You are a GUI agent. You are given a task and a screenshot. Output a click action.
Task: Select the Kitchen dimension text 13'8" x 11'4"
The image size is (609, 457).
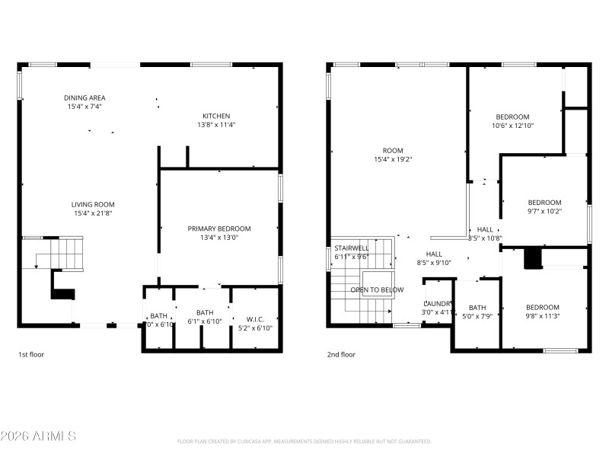(216, 124)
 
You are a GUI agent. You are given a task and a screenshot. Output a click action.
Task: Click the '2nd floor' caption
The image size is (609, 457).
(342, 354)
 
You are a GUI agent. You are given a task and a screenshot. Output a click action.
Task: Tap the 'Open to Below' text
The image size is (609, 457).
(377, 290)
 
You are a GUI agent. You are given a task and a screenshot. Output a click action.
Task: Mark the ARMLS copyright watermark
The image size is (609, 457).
(38, 436)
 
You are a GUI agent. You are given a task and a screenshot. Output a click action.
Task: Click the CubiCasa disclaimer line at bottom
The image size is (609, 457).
(304, 442)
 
